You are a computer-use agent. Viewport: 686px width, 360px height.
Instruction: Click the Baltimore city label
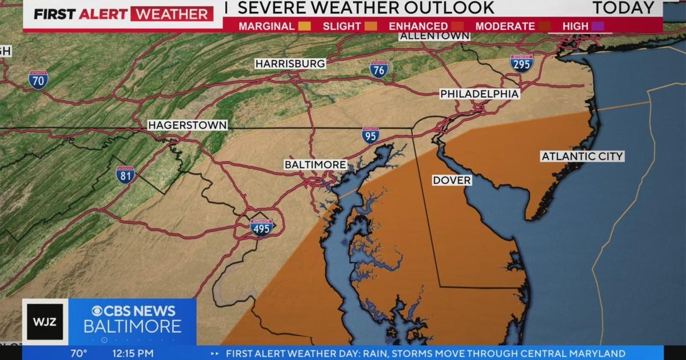(316, 165)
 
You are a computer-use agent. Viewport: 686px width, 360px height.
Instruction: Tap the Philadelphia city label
(480, 94)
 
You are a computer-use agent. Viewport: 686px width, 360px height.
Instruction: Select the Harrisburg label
(290, 63)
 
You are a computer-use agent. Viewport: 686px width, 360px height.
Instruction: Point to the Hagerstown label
(188, 125)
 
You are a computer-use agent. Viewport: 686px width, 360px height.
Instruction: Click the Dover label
(452, 181)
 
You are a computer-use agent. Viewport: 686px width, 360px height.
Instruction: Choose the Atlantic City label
(583, 156)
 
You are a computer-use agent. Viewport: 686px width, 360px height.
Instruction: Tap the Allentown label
(434, 35)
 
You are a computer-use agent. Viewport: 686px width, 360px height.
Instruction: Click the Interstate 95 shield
(370, 135)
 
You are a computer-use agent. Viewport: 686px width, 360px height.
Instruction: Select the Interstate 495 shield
(262, 227)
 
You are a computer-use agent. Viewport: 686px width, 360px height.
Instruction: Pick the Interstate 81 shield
(125, 174)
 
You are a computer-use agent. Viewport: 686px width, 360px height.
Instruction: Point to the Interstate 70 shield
(38, 80)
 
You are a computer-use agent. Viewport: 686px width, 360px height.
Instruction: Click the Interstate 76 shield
(378, 69)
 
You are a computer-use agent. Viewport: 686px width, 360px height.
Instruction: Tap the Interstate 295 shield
(521, 63)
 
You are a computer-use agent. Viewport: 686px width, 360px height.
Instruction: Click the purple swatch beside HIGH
(597, 26)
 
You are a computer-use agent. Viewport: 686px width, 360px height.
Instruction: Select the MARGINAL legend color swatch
(305, 26)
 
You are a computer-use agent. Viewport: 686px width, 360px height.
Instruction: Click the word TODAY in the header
(623, 8)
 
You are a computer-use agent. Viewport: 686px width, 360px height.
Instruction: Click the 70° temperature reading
(78, 354)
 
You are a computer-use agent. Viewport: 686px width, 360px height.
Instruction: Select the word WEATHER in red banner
(171, 14)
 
